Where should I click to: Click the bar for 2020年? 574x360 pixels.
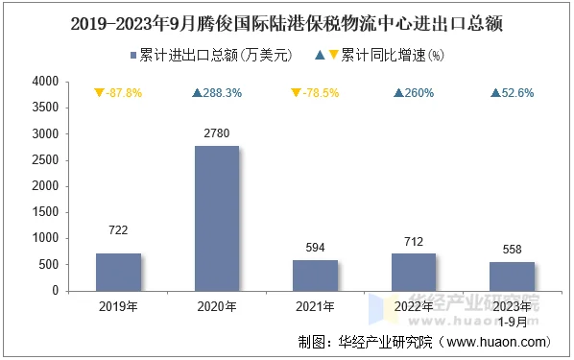tap(216, 218)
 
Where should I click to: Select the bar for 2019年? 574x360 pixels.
tap(118, 272)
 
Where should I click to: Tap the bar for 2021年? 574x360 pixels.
tap(315, 275)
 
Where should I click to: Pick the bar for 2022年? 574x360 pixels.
tap(414, 272)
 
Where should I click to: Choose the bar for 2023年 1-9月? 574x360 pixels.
tap(512, 276)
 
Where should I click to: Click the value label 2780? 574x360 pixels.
tap(216, 132)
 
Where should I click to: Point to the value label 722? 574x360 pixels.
tap(118, 230)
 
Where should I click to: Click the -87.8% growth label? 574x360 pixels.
tap(118, 93)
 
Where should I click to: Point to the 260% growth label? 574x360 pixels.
tap(414, 93)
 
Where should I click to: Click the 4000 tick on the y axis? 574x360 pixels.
tap(45, 82)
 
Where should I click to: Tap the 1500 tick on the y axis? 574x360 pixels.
tap(45, 212)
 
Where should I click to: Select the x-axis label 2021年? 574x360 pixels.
tap(315, 307)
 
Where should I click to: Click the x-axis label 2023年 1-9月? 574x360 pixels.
tap(512, 313)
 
